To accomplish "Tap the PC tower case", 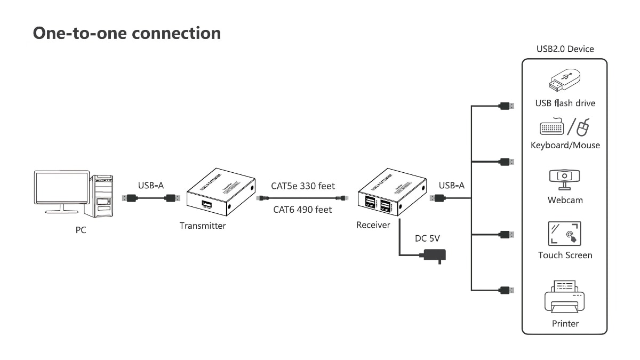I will click(x=102, y=196).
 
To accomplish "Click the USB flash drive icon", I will click(x=564, y=80).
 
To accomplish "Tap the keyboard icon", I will click(x=551, y=128).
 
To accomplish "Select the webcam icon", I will click(x=565, y=179).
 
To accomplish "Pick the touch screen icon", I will click(x=565, y=234).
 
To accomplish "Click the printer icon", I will click(x=565, y=297).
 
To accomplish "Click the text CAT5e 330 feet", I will click(x=303, y=186).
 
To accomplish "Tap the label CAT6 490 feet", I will click(x=302, y=210).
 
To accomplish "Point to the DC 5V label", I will click(x=427, y=238).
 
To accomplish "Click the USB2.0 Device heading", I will click(x=565, y=49).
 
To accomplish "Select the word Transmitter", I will click(x=203, y=226).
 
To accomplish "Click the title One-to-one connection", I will click(x=127, y=33).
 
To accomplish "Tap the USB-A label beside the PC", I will click(x=151, y=186).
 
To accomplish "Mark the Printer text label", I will click(x=565, y=323).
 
